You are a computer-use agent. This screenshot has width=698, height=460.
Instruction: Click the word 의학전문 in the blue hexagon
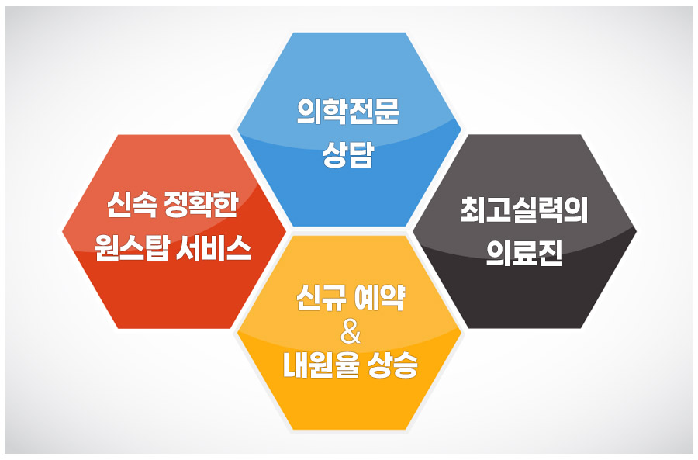pos(348,111)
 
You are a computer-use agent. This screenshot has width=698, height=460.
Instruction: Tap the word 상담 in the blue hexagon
pos(348,154)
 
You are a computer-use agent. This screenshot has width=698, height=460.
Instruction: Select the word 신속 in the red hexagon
pos(132,205)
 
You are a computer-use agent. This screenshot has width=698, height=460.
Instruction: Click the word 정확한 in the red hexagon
pos(201,205)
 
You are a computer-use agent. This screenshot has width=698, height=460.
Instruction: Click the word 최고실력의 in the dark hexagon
pos(524,209)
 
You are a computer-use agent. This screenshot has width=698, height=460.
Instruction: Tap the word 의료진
pos(524,252)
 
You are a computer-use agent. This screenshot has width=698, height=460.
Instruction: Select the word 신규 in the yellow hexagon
pos(320,297)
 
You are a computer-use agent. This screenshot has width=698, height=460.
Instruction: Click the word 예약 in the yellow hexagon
pos(379,297)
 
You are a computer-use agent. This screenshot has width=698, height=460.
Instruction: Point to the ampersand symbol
pos(351,333)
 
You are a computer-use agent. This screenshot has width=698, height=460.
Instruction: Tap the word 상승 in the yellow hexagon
pos(392,365)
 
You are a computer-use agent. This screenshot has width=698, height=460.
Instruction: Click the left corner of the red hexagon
pos(62,232)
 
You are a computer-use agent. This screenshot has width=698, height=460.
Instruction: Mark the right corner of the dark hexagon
pos(637,231)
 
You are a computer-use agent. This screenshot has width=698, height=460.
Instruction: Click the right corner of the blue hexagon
pos(461,130)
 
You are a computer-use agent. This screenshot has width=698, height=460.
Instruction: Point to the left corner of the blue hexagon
pos(237,130)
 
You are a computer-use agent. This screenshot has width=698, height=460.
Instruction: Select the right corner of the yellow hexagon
pos(461,333)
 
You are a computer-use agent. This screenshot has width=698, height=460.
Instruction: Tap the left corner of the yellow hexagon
pos(237,333)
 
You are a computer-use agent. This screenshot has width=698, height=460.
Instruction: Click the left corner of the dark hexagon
pos(413,231)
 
